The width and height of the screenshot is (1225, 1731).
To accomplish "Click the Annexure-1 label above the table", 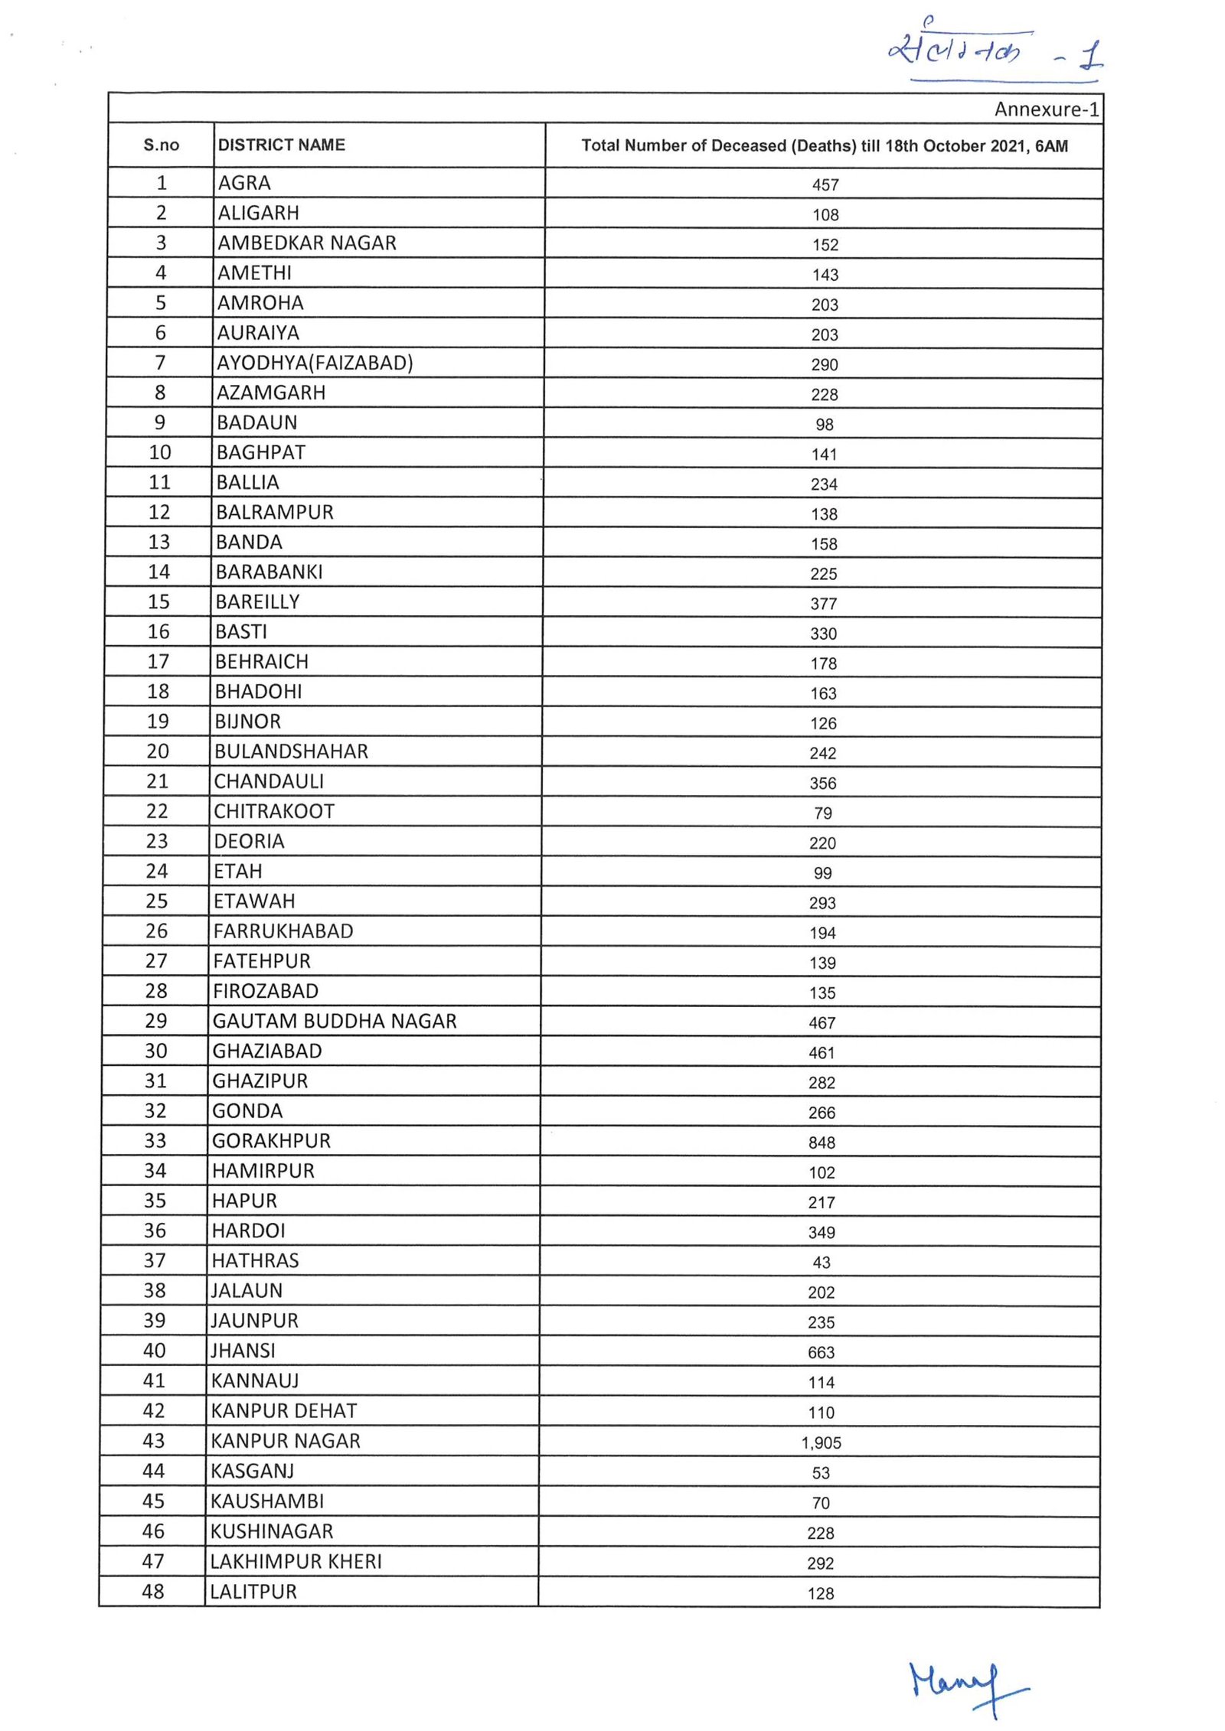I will (x=1046, y=109).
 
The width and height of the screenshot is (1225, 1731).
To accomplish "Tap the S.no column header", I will (x=161, y=145).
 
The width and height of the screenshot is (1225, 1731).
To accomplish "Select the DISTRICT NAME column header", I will (x=281, y=145).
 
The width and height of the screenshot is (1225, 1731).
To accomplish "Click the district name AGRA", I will (x=244, y=183).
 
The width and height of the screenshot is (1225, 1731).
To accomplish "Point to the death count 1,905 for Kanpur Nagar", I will (x=821, y=1442).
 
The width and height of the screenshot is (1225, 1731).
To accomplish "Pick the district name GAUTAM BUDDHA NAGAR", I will (x=335, y=1021).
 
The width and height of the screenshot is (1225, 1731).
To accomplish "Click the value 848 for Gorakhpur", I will (x=822, y=1143).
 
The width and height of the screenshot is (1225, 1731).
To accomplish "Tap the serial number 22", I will (x=157, y=811).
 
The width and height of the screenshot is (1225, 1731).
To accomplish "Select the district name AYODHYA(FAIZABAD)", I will (x=315, y=363).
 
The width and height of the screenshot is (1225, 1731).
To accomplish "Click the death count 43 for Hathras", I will (x=822, y=1263).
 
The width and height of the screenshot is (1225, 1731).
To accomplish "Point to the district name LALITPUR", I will (x=253, y=1592).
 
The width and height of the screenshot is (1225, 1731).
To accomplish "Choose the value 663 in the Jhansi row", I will (x=822, y=1352).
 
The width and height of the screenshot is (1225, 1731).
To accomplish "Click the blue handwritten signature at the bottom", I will (x=966, y=1687).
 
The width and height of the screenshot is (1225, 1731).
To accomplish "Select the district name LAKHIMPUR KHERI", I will (x=296, y=1561).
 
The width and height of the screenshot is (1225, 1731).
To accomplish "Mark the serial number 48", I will (x=153, y=1592).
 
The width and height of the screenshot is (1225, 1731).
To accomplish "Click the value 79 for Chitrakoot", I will (x=823, y=813).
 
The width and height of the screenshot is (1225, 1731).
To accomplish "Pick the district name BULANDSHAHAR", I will (x=291, y=751).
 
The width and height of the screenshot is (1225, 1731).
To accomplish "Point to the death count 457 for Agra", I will (x=825, y=184).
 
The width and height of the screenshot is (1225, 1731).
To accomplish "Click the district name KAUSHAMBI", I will (x=267, y=1501).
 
